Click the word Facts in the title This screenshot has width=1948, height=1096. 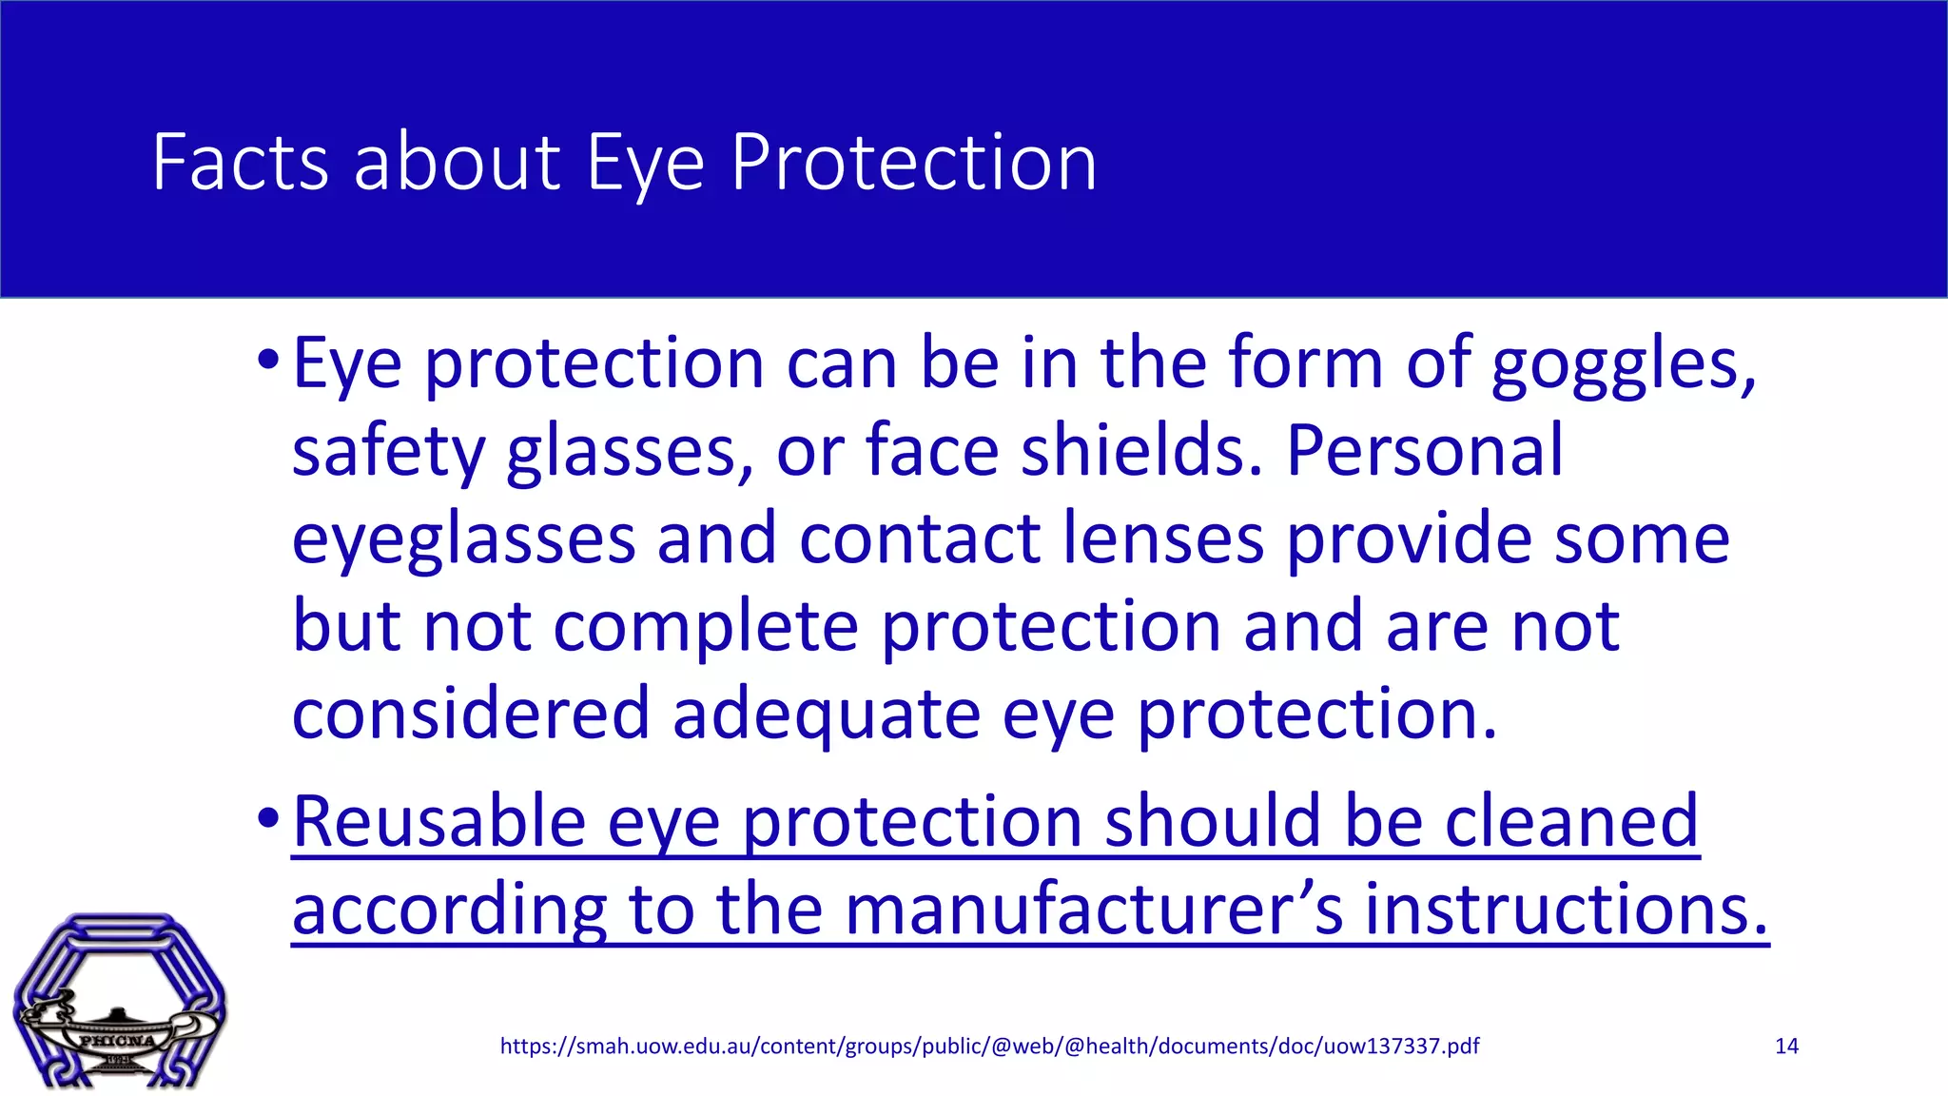[241, 163]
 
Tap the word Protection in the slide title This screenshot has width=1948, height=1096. [913, 163]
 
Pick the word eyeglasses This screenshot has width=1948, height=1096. [463, 539]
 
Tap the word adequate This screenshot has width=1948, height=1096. [826, 714]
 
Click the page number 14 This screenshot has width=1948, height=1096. [1786, 1047]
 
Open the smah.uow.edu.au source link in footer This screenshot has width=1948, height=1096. [989, 1047]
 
